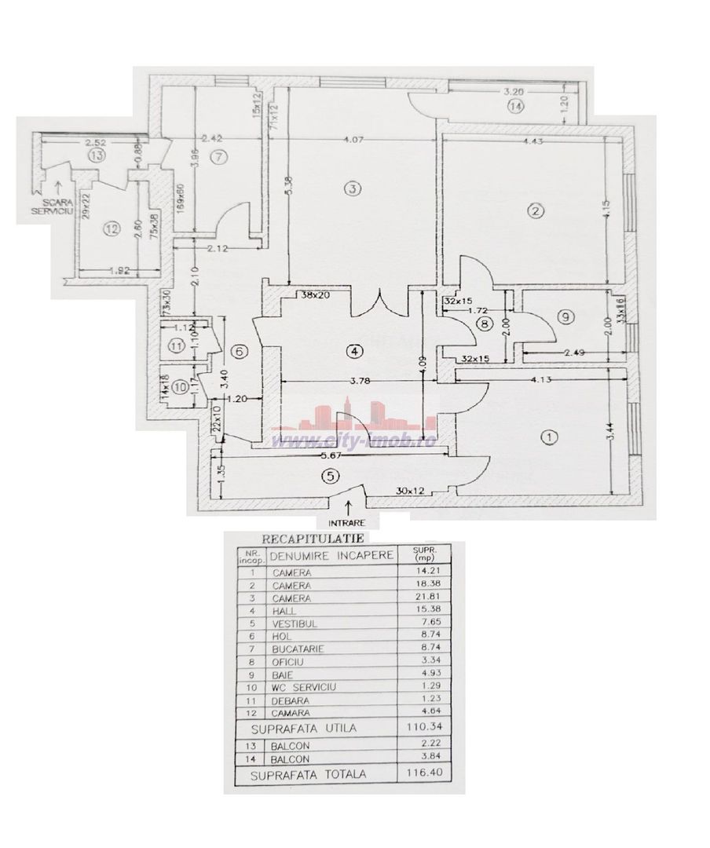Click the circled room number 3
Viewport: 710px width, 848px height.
pos(354,188)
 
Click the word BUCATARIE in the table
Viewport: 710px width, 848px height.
pos(300,649)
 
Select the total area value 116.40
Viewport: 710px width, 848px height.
pos(421,775)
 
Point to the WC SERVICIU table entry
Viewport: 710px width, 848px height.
pos(305,687)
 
